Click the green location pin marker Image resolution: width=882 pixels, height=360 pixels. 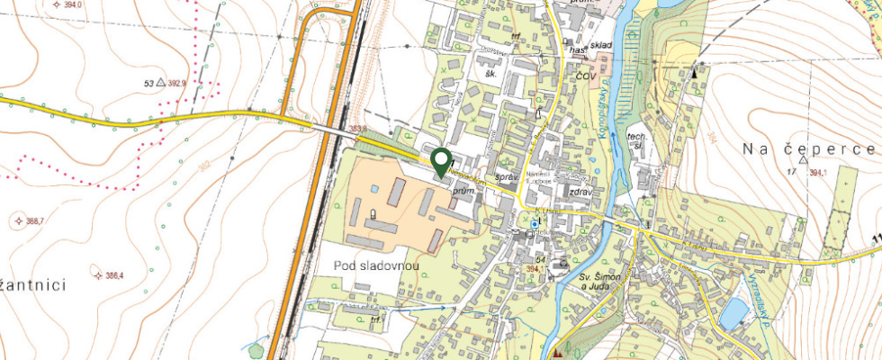point(441,161)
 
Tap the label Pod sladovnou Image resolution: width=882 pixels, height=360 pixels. point(373,266)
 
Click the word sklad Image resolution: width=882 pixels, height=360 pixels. point(601,45)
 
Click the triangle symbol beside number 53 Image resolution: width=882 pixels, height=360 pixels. point(160,83)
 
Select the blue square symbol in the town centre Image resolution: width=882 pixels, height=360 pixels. point(535,224)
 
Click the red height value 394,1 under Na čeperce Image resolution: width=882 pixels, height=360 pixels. point(817,173)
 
